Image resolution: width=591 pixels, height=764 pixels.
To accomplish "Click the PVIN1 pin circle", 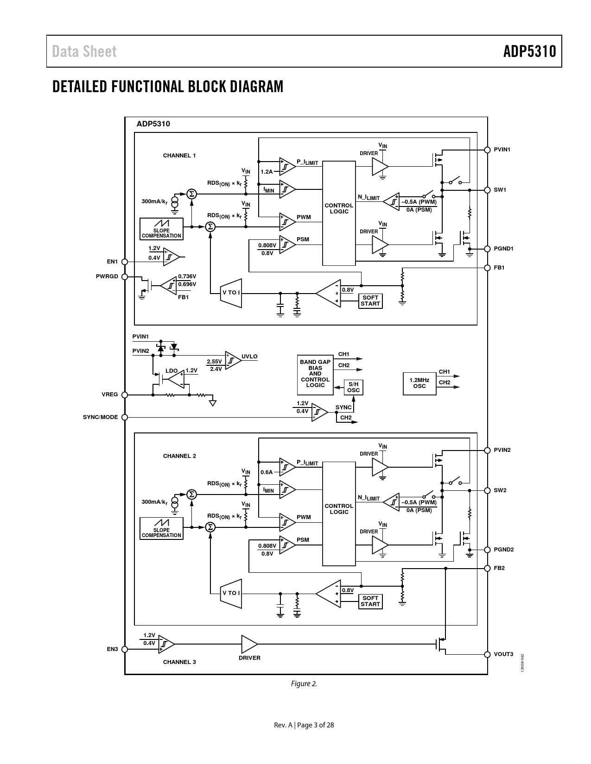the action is [x=487, y=150].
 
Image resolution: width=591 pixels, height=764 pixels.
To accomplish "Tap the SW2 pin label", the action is [x=500, y=490].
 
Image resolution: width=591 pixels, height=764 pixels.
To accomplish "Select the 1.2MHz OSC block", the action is [x=419, y=383].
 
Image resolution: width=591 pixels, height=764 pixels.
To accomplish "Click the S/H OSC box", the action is [x=353, y=388].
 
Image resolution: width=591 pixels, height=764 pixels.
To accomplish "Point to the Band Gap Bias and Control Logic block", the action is [x=315, y=375].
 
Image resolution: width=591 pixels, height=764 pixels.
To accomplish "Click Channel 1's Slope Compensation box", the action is [x=162, y=229].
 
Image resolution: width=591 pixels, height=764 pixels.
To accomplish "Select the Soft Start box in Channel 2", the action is [x=370, y=601].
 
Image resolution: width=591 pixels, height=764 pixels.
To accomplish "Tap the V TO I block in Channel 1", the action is [x=231, y=293].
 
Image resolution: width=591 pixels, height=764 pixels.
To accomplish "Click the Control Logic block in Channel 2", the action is [x=339, y=514].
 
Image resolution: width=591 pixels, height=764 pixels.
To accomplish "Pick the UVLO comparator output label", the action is [x=249, y=357].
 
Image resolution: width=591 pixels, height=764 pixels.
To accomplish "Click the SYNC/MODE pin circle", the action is [x=125, y=417].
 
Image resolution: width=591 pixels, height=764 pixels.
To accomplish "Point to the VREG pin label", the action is [x=110, y=395].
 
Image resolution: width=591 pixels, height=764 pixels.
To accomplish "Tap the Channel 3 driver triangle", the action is [x=249, y=644].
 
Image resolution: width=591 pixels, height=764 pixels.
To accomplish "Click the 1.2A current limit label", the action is [x=267, y=172].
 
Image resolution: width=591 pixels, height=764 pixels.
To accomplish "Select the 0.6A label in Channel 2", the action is [x=267, y=472].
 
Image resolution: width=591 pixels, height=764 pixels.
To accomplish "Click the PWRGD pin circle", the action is [x=125, y=277].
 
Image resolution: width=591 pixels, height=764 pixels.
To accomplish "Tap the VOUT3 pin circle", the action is [x=487, y=654].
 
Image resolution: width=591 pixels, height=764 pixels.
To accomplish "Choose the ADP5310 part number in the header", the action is [x=530, y=51].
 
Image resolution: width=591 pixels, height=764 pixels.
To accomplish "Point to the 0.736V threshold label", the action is [x=187, y=276].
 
